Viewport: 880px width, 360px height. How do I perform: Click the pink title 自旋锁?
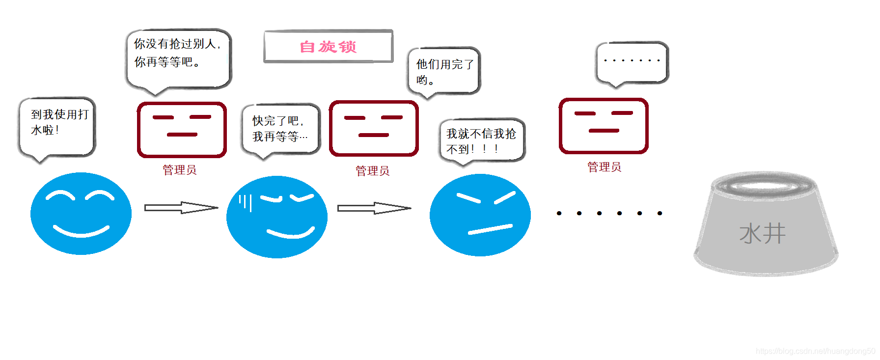[328, 47]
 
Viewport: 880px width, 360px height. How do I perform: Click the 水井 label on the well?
[762, 233]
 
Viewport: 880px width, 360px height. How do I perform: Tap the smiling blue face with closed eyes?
[81, 214]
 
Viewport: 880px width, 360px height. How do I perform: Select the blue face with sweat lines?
[277, 217]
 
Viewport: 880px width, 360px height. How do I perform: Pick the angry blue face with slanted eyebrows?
[480, 215]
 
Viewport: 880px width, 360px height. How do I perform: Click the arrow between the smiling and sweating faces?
[181, 208]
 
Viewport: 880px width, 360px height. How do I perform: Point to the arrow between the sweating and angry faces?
[374, 208]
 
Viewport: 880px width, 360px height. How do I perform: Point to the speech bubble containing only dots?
[632, 62]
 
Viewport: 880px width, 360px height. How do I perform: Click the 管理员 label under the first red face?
[180, 170]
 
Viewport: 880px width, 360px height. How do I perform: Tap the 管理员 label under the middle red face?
[372, 171]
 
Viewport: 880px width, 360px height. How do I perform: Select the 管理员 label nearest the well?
[604, 167]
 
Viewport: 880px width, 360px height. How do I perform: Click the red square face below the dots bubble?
[604, 126]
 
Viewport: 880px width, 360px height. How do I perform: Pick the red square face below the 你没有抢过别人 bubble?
[182, 130]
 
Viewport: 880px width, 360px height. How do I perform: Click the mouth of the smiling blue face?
[81, 231]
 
